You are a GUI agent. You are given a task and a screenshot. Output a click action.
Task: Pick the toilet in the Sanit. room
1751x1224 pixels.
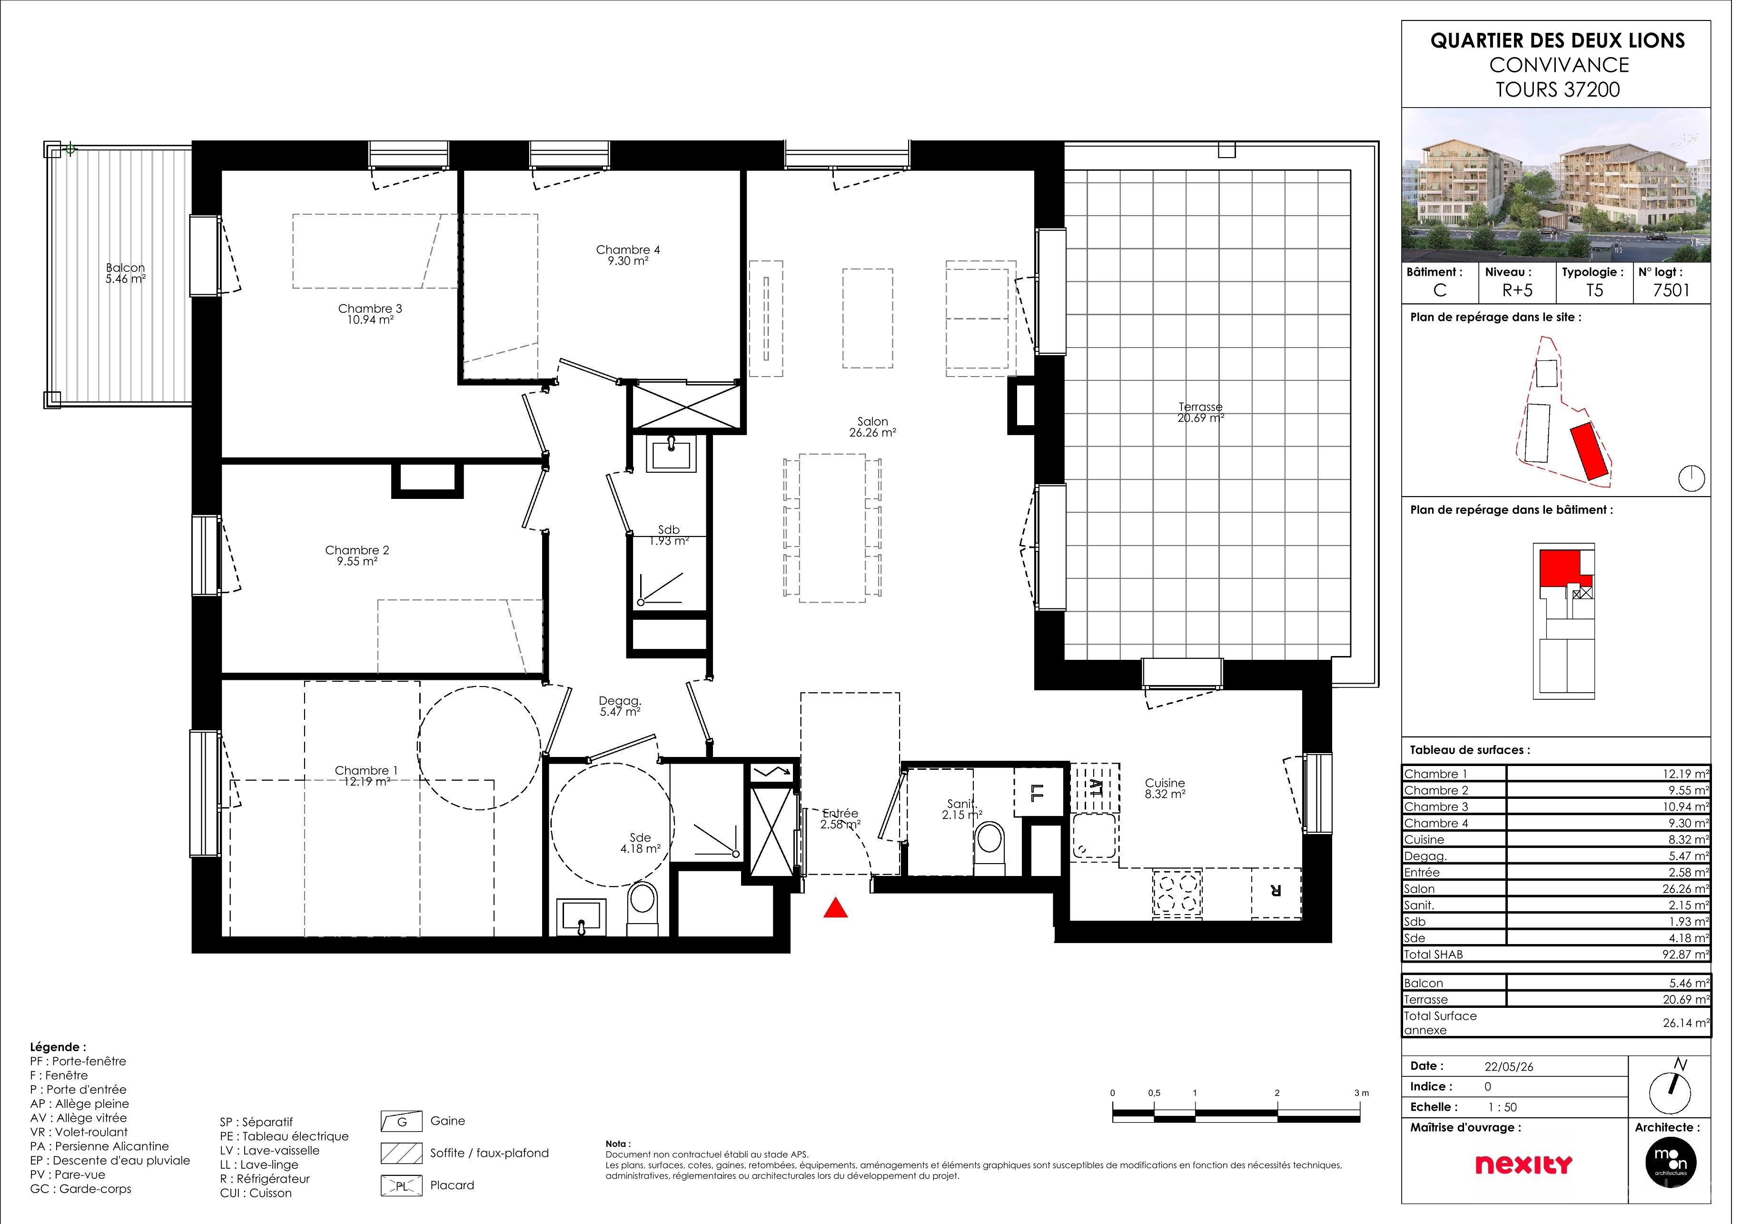click(1000, 858)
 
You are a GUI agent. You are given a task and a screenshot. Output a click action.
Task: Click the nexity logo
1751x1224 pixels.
click(1539, 1176)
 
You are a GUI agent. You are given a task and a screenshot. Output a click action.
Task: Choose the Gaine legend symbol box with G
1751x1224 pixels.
click(406, 1133)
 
